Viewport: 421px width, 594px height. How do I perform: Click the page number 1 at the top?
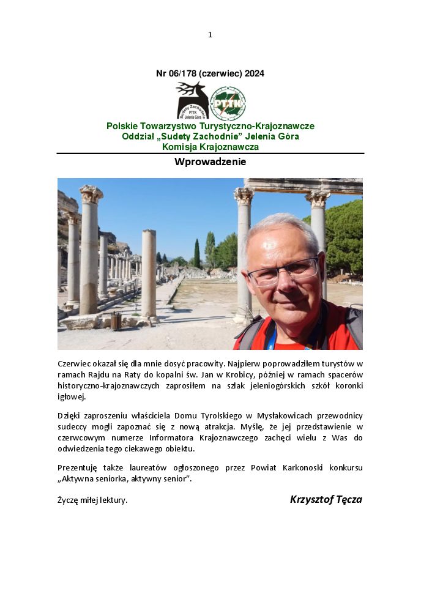pos(210,35)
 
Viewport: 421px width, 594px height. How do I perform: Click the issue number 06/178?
pos(182,73)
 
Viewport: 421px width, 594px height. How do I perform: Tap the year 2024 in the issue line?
pos(254,73)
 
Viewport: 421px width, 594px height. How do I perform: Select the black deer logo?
pos(192,100)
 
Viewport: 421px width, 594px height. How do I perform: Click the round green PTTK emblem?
pos(228,103)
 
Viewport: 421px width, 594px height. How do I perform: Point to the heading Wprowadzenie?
pos(210,162)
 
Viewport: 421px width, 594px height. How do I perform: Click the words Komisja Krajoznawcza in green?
pos(210,147)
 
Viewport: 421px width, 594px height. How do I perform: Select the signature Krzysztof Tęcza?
pos(326,499)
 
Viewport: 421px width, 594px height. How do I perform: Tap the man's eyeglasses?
pos(283,272)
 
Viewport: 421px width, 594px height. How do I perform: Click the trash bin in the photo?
pos(116,321)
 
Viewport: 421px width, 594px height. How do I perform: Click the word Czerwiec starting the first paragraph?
pos(75,364)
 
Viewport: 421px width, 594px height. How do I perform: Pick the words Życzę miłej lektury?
pos(92,500)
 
